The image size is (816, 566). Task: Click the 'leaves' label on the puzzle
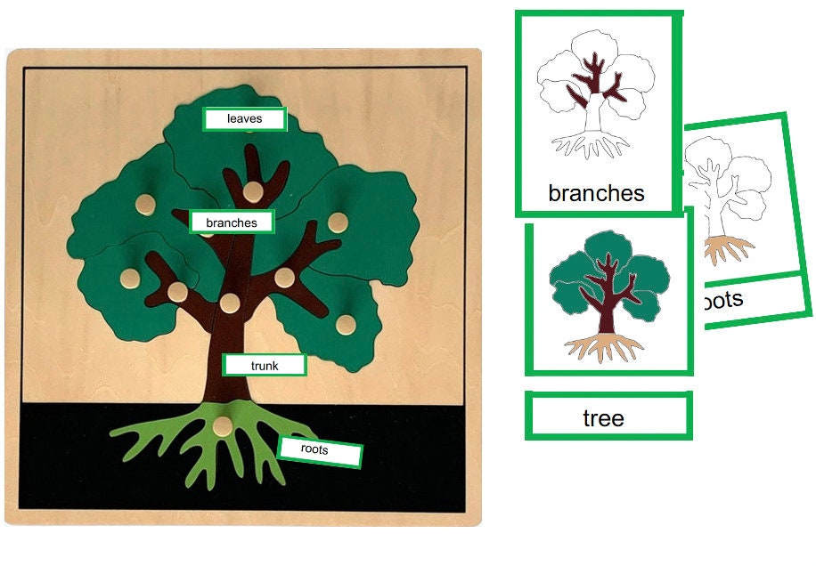coord(244,119)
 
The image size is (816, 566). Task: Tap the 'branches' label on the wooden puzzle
coord(231,222)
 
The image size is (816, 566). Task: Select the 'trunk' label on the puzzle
coord(265,365)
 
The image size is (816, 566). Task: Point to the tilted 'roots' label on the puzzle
coord(318,451)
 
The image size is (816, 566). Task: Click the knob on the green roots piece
coord(221,426)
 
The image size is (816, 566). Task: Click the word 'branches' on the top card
coord(596,192)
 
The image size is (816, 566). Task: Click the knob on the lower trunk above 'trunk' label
coord(230,303)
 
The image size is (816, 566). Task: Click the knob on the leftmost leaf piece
coord(129,278)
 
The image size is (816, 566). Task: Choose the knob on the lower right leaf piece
coord(345,323)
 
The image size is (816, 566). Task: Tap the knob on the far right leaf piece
coord(338,222)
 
